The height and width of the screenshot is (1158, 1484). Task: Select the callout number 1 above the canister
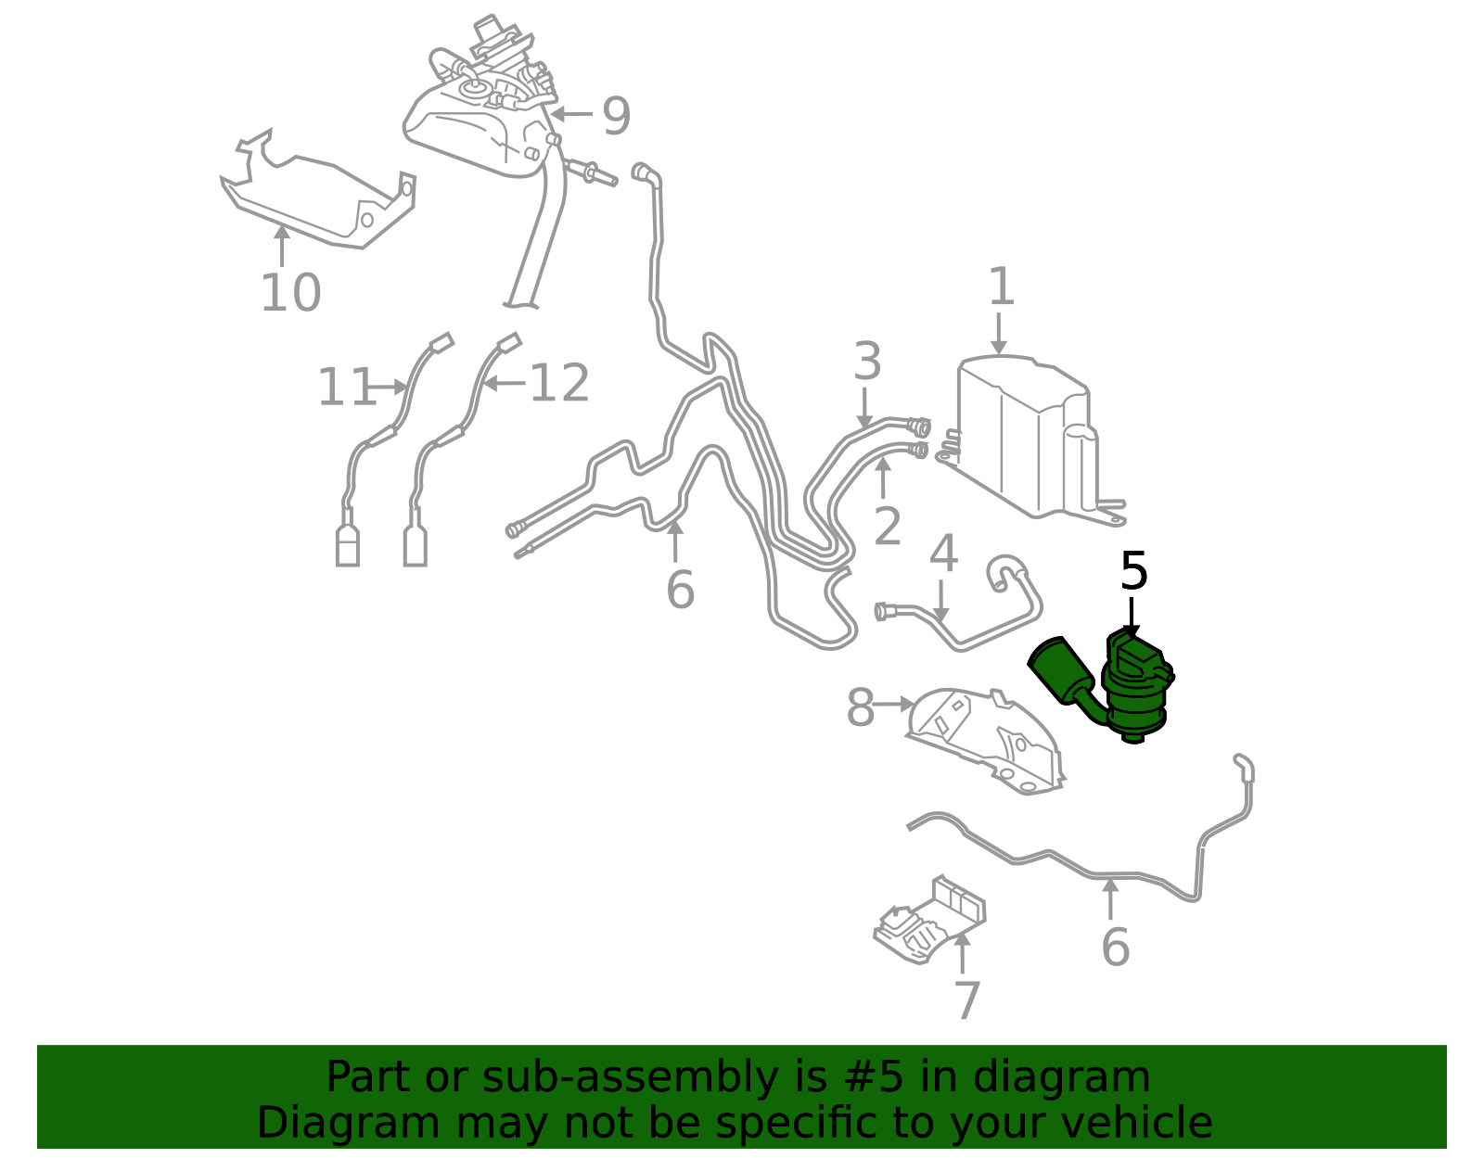[1002, 286]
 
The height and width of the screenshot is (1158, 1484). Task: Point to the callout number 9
[616, 116]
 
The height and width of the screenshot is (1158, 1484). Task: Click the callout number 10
[290, 293]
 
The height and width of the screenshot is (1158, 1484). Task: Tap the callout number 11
[347, 387]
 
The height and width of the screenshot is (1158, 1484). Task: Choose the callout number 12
[559, 383]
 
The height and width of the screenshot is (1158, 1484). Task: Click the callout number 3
[867, 361]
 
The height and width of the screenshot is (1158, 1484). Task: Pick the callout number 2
[887, 526]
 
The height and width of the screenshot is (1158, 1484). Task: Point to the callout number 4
[943, 553]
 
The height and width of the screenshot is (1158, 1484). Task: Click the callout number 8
[860, 707]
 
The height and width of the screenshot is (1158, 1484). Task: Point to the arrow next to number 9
[571, 114]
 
